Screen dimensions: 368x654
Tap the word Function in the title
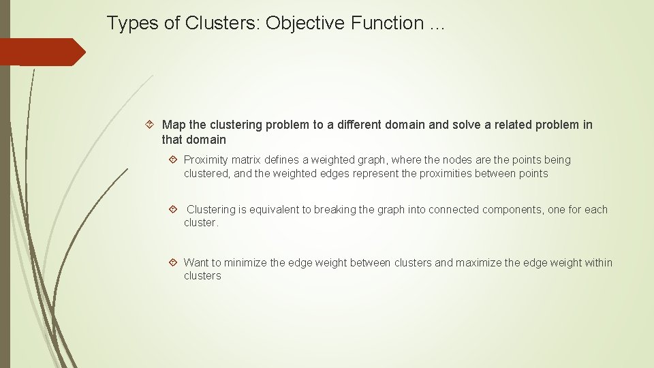387,23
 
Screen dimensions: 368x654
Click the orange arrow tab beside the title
42,52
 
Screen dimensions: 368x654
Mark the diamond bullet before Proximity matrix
173,159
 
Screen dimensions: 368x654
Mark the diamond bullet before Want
173,262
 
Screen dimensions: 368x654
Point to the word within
597,263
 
